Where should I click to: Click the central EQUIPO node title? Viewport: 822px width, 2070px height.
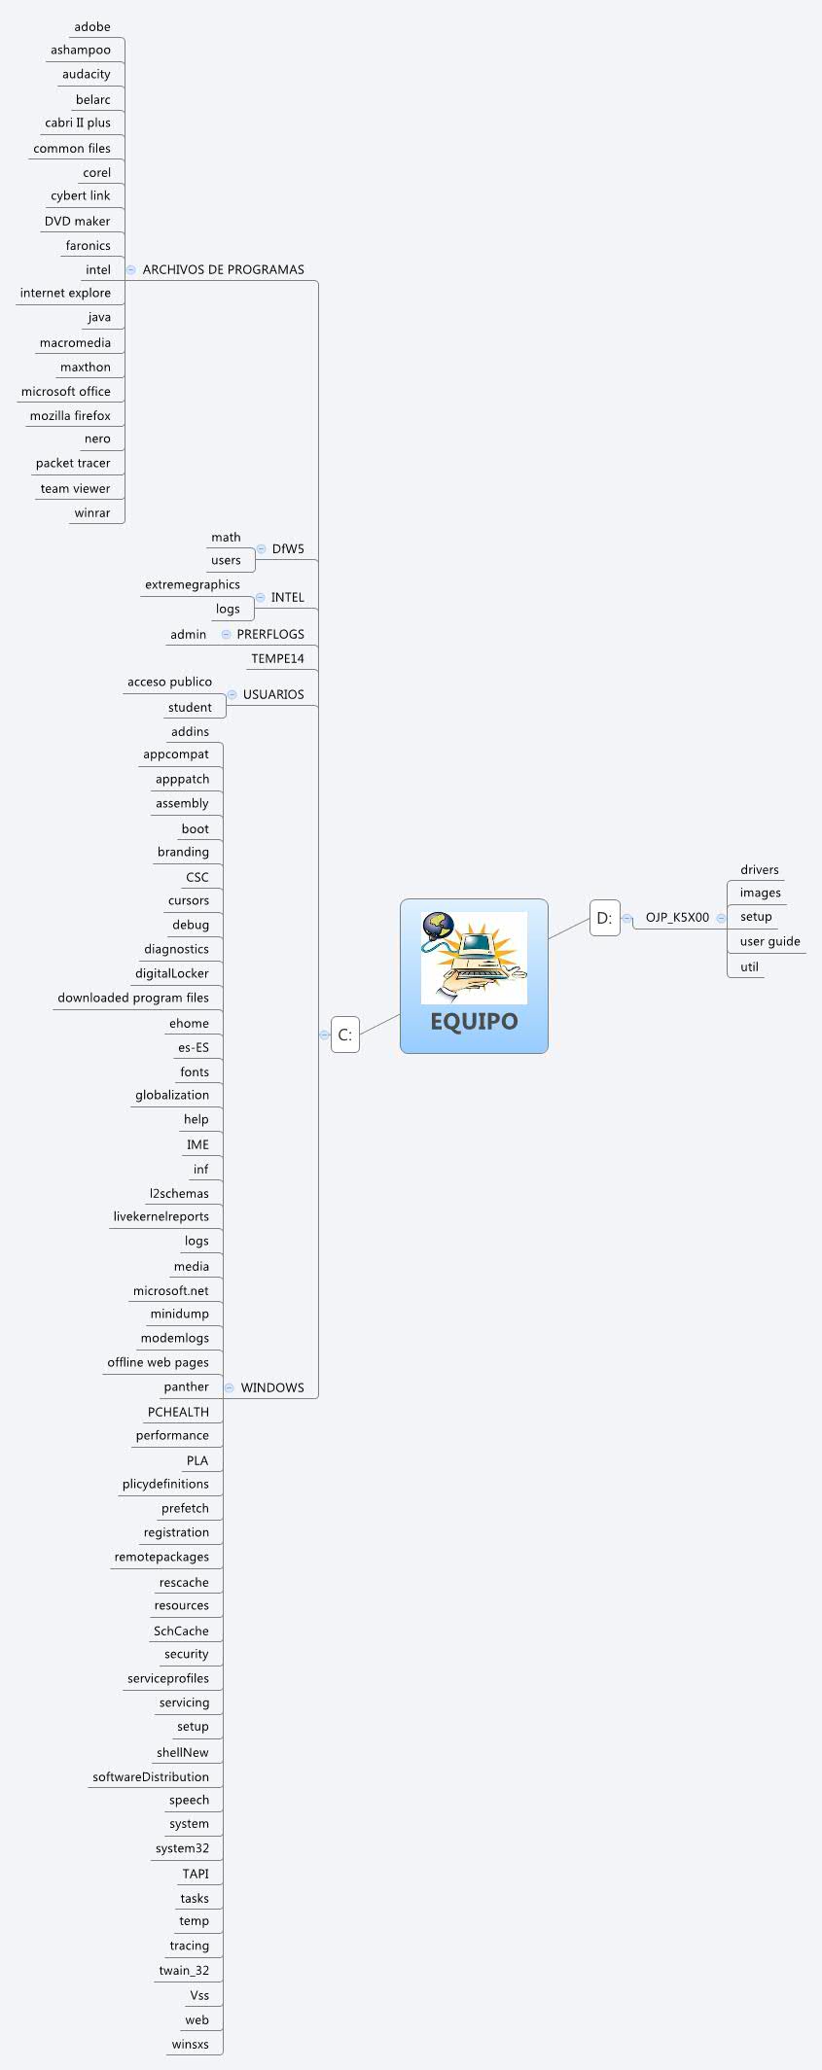474,1021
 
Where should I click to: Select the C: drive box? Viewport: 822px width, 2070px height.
345,1035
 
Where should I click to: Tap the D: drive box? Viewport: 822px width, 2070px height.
604,918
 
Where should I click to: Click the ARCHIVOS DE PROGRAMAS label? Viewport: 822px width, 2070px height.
223,269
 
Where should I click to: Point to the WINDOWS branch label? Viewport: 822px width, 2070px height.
272,1387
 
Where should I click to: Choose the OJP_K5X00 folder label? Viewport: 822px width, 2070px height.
677,917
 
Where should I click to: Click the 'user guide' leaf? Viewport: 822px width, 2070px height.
769,941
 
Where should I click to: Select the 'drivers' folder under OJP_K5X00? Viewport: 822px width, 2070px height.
759,869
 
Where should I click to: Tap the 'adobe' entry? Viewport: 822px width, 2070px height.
92,26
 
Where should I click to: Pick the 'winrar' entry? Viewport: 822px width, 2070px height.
92,512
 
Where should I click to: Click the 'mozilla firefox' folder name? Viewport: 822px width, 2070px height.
70,415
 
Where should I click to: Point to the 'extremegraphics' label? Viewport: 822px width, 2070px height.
193,584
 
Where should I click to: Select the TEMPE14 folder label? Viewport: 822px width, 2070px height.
277,658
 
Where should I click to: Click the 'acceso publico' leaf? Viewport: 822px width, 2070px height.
169,682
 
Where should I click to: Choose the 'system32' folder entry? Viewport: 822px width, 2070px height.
182,1848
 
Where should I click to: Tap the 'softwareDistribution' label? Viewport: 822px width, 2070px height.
151,1776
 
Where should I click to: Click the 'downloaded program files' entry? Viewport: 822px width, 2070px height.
133,998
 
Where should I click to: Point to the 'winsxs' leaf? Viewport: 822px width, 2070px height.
190,2044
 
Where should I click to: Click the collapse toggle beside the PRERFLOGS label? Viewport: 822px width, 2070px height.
227,634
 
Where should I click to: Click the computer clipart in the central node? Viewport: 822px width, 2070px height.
474,958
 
